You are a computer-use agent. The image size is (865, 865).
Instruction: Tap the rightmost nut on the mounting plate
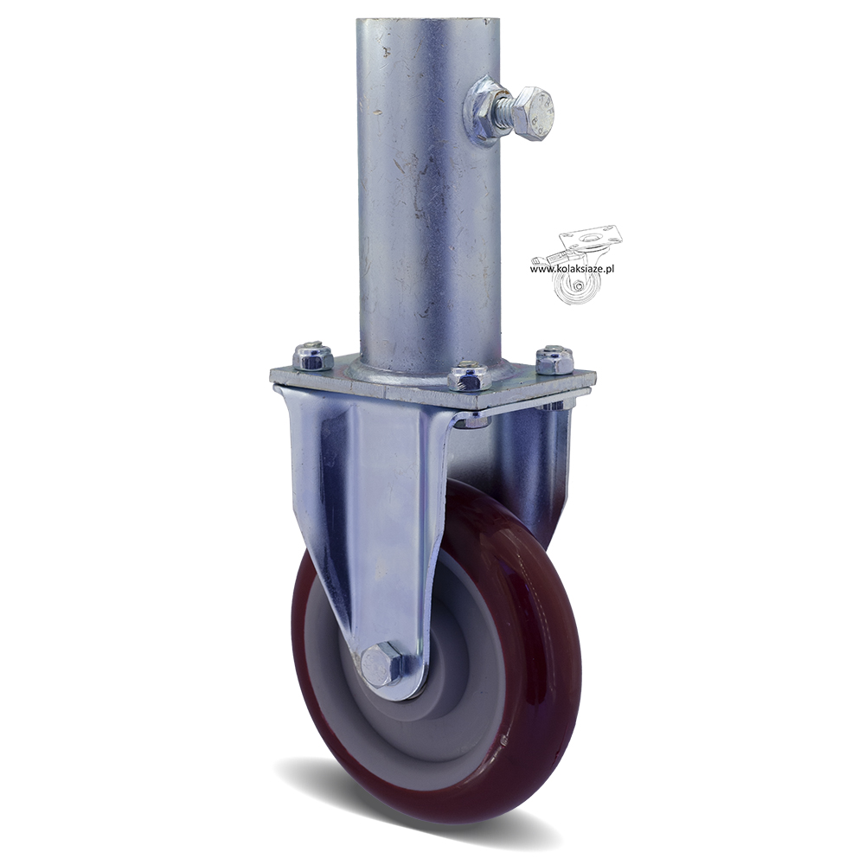pos(555,359)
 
